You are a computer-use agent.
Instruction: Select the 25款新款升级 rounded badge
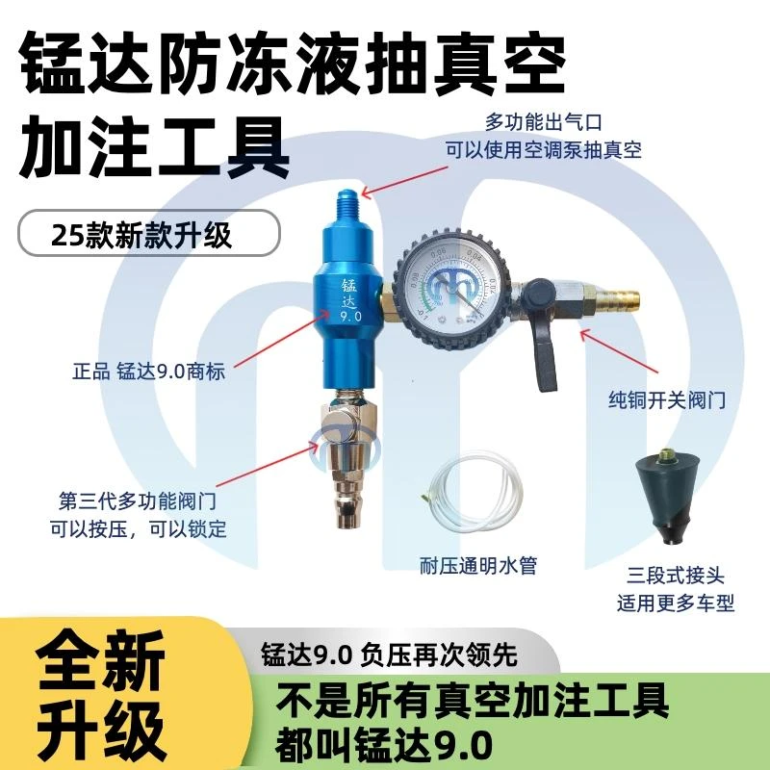[x=149, y=235]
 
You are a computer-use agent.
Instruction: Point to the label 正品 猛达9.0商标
[x=148, y=371]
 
